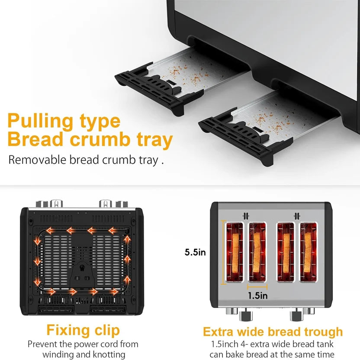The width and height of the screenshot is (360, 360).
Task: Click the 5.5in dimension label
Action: (x=195, y=252)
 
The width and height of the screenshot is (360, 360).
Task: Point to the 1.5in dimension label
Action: (x=257, y=296)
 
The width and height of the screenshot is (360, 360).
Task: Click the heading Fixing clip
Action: (x=83, y=331)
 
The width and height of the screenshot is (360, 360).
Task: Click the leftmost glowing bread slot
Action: (x=235, y=252)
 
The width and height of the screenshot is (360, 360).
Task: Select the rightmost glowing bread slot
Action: (x=308, y=252)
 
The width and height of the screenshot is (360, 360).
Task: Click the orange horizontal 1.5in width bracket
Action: (x=257, y=286)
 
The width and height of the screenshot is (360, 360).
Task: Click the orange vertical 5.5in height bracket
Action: (x=223, y=252)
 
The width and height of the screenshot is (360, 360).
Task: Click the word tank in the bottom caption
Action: (x=325, y=344)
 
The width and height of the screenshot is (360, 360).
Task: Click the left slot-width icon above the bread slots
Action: (x=246, y=216)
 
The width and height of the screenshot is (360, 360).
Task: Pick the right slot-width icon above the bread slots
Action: (x=297, y=216)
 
